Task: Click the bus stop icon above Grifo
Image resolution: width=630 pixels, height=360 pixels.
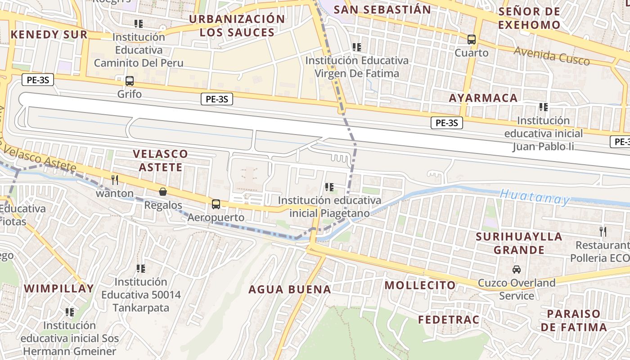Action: click(x=130, y=81)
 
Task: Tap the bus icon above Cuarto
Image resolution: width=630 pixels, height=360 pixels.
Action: click(x=472, y=40)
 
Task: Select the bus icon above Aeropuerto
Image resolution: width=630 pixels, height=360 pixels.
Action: click(x=216, y=204)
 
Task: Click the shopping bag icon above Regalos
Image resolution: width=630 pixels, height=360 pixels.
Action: click(x=162, y=192)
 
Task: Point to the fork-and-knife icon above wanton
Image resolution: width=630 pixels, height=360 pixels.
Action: click(x=115, y=180)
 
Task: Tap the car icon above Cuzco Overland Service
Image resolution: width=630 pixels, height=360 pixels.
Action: click(x=517, y=270)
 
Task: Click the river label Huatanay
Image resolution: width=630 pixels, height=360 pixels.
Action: click(x=535, y=197)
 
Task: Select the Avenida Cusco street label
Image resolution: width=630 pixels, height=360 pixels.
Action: click(x=552, y=56)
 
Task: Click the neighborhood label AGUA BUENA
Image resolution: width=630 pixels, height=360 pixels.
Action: click(x=290, y=289)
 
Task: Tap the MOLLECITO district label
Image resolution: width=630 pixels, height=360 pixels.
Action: click(x=420, y=285)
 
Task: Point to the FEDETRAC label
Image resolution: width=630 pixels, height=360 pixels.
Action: click(x=449, y=320)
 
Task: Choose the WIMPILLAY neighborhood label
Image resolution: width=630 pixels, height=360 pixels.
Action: click(x=59, y=288)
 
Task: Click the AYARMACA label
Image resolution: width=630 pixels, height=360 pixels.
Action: click(x=483, y=98)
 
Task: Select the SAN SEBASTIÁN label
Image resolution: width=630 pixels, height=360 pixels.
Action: click(x=382, y=9)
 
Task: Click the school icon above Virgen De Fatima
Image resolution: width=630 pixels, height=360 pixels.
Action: click(x=357, y=47)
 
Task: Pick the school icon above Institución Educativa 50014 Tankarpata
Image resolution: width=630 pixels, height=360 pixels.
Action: click(x=141, y=269)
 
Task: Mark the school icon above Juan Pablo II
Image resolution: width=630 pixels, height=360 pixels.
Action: click(x=544, y=107)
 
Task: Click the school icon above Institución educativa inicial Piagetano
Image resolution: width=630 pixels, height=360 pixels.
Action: click(x=329, y=187)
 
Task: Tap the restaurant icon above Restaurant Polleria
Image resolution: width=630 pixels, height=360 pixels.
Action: click(x=603, y=232)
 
